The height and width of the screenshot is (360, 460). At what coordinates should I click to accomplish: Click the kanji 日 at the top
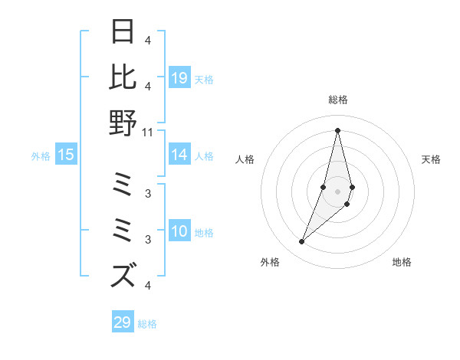(123, 31)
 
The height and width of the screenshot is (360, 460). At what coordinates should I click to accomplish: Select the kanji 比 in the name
(123, 77)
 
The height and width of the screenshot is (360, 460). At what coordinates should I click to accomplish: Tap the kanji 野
(123, 123)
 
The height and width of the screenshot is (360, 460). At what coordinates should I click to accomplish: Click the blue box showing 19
(179, 78)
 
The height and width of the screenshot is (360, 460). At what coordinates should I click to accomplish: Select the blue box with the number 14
(179, 155)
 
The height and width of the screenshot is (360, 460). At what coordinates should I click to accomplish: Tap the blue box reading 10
(179, 231)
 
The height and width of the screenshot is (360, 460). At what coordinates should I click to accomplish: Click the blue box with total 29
(123, 322)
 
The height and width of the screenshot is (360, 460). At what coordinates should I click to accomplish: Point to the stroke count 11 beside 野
(148, 132)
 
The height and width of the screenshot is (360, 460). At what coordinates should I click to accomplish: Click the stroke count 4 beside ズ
(148, 286)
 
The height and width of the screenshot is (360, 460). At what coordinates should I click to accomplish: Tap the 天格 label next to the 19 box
(204, 79)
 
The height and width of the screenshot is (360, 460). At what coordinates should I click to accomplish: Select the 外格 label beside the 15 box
(41, 156)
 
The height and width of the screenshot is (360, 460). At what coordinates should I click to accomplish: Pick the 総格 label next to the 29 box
(147, 323)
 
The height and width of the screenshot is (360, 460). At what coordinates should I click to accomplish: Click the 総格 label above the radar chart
(337, 100)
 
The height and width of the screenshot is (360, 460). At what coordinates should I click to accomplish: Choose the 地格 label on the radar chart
(402, 263)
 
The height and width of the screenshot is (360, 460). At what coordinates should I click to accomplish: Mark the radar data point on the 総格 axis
(337, 130)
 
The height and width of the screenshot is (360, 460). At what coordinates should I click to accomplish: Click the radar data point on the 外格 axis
(302, 242)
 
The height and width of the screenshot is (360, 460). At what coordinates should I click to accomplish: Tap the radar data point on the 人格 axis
(324, 187)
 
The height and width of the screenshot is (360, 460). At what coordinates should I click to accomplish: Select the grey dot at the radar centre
(337, 201)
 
